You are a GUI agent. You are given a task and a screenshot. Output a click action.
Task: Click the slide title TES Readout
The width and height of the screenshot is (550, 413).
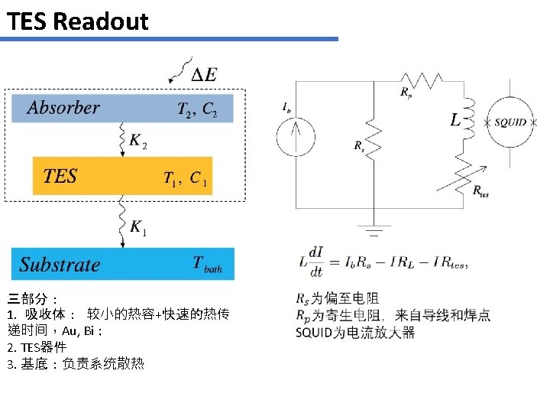(x=77, y=21)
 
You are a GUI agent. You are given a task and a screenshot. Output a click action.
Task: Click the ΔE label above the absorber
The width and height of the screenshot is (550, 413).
(x=203, y=75)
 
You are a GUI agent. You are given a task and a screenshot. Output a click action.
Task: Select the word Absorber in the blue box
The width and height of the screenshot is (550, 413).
(x=63, y=108)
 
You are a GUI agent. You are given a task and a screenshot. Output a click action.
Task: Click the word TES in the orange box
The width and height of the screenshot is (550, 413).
(x=60, y=177)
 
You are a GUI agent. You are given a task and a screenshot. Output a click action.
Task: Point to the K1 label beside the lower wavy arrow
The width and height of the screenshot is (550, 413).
(x=138, y=226)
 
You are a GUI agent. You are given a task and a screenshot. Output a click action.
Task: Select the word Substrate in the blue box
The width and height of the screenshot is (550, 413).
(x=60, y=265)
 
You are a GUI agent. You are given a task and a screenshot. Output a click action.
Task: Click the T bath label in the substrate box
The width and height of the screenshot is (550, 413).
(x=207, y=265)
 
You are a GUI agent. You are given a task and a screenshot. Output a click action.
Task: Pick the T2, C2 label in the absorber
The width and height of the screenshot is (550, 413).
(x=197, y=110)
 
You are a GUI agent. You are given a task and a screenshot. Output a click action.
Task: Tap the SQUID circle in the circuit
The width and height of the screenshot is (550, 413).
(x=510, y=122)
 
